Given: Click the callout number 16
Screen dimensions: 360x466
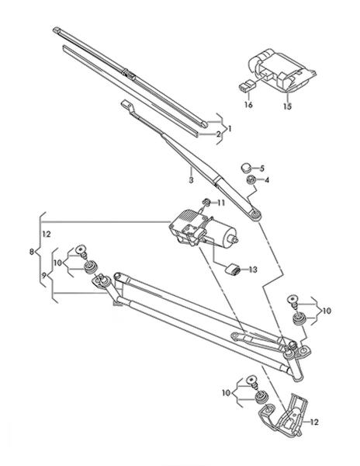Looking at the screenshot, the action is coord(248,105).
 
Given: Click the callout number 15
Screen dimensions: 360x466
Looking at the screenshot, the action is coord(287,106).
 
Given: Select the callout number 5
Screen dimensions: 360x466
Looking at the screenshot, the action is coord(261,169).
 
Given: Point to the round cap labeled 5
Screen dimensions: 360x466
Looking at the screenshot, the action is coord(246,168).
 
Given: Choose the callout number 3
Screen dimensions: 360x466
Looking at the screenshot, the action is coord(191,180).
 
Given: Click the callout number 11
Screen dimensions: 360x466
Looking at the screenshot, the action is coord(221,203).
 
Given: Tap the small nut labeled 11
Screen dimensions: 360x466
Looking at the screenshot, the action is coord(206,203).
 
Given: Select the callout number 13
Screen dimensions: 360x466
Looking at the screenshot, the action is coord(253,270).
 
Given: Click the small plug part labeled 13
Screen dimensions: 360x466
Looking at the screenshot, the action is coord(233,269).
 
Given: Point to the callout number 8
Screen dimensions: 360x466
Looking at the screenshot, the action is coord(32,252).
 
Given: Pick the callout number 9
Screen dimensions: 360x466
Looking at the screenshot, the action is coord(43,276).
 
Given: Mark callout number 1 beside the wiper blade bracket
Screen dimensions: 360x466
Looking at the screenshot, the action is coord(230,129).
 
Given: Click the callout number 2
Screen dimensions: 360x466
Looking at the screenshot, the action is coord(219,134).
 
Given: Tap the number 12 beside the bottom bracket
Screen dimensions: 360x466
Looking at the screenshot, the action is coord(314,422).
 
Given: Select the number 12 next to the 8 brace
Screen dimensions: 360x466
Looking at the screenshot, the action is coord(47,235).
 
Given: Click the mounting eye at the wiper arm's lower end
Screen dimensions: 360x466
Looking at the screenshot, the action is coord(255,214).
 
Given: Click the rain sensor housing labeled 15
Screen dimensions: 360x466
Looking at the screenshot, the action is coord(282,71).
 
